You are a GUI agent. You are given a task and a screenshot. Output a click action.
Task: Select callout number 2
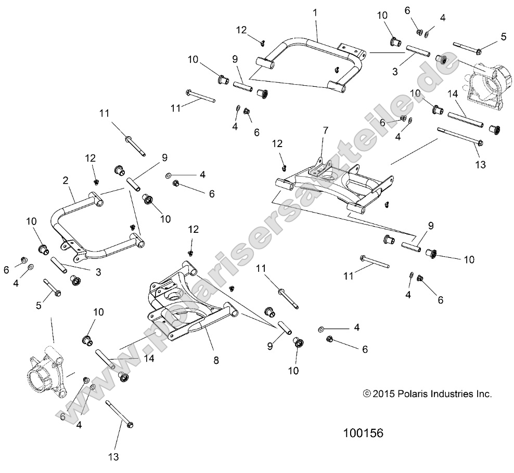click(x=66, y=180)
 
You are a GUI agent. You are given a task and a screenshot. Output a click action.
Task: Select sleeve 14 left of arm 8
click(x=106, y=359)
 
